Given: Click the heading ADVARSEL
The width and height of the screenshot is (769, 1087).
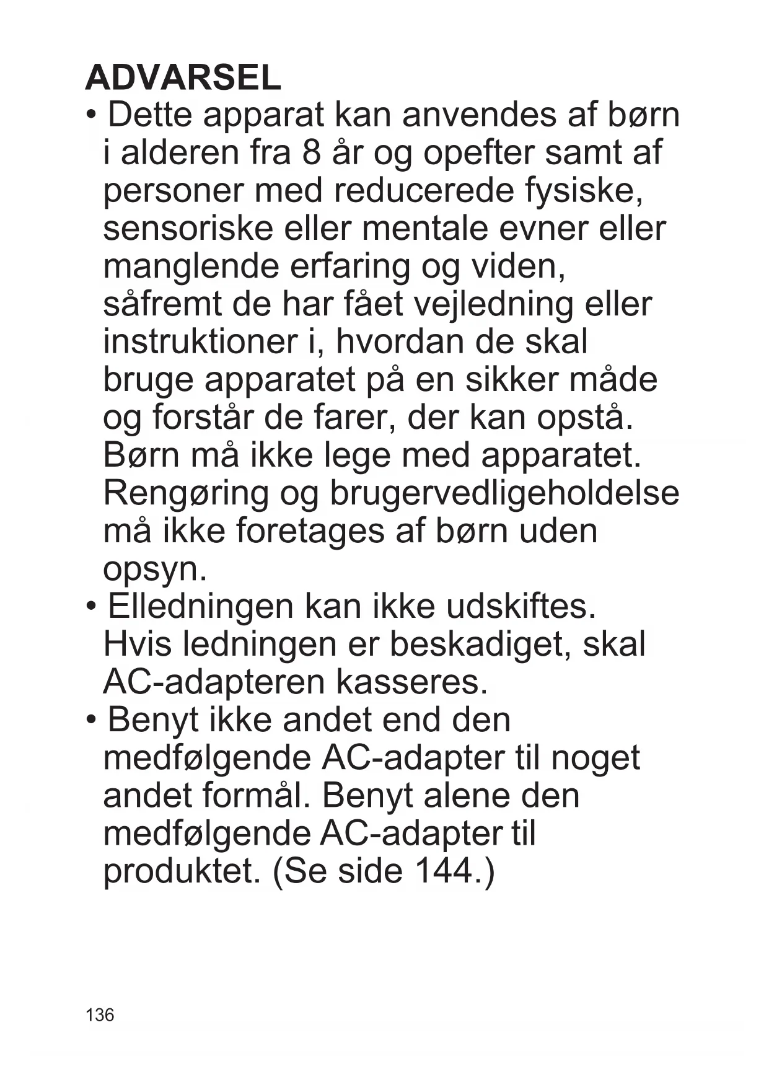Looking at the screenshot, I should coord(183,78).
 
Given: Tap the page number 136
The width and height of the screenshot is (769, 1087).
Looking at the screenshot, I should coord(100,1014).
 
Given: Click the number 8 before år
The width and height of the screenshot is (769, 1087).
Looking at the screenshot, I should coord(312,153).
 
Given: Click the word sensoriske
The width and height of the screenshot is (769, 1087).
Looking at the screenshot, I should coord(188,229).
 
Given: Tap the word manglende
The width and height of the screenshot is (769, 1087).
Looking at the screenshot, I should coord(191,268).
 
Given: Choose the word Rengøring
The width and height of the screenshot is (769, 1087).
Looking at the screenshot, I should coord(186,495).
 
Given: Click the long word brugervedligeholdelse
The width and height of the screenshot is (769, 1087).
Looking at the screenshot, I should coord(504,495).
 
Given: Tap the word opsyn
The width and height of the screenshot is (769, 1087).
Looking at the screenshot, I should coord(155,570).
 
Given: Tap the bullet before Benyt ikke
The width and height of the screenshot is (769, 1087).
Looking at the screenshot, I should coord(92,720).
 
